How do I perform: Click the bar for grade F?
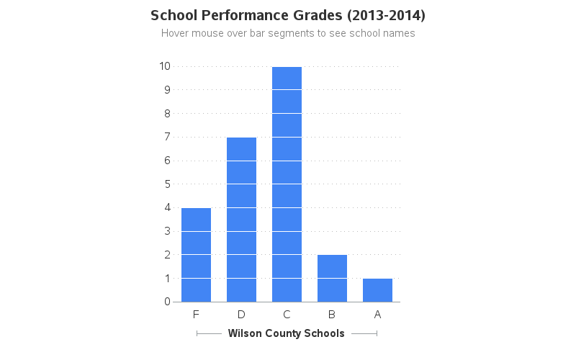[196, 255]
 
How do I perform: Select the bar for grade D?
[241, 220]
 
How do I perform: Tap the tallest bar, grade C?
[287, 184]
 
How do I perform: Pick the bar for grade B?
[332, 278]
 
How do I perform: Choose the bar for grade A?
[377, 290]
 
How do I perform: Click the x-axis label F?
[196, 314]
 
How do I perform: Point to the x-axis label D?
[241, 314]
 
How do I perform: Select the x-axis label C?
[287, 314]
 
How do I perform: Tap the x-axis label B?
[332, 314]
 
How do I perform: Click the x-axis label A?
[377, 314]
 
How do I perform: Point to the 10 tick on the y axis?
[165, 66]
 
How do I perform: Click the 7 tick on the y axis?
[167, 137]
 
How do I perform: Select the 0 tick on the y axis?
[167, 302]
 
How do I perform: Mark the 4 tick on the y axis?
[167, 207]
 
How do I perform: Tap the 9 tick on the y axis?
[167, 90]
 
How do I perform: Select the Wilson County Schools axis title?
[286, 333]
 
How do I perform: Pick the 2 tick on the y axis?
[167, 255]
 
